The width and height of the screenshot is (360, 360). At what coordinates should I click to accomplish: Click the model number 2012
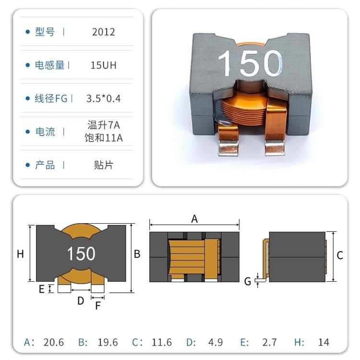103,32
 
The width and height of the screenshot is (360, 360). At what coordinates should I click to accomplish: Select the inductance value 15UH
104,65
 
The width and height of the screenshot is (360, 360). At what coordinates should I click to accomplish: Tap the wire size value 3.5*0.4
103,98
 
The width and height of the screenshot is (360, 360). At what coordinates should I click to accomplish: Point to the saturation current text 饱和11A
104,138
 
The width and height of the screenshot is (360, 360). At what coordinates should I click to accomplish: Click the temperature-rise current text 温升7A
104,125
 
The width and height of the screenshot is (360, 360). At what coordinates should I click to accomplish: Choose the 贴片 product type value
104,165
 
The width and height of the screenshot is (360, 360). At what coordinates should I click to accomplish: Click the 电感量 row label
50,65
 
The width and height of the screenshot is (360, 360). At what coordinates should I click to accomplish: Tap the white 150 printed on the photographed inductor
250,63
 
